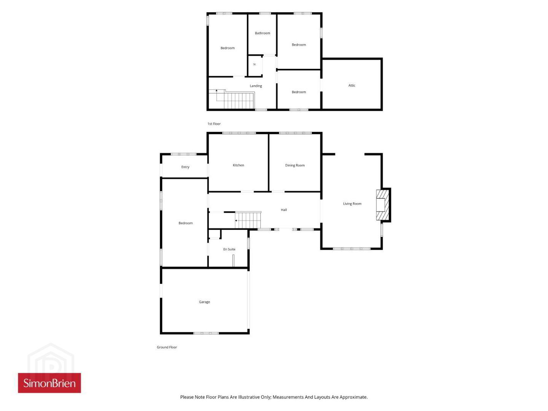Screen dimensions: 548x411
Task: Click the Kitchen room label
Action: [238, 165]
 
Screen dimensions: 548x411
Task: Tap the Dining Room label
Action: [295, 165]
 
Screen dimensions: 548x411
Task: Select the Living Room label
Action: [352, 204]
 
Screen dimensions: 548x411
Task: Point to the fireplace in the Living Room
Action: [382, 205]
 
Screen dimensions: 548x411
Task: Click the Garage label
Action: [204, 302]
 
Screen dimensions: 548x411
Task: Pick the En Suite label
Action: [229, 249]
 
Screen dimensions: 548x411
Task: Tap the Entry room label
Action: [185, 167]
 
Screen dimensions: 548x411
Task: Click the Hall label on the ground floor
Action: [284, 210]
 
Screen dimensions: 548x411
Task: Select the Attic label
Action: [352, 85]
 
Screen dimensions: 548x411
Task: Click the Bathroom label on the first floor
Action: [262, 33]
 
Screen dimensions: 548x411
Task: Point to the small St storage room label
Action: [255, 64]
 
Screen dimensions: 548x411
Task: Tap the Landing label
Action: [256, 86]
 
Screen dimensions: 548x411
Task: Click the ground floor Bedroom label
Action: [185, 223]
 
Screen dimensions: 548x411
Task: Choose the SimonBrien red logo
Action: [49, 383]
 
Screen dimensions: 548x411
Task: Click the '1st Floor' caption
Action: [214, 124]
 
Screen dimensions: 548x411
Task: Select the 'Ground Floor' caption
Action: [167, 347]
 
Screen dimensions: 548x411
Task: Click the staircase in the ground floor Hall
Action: [248, 220]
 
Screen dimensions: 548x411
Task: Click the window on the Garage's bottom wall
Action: [206, 333]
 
